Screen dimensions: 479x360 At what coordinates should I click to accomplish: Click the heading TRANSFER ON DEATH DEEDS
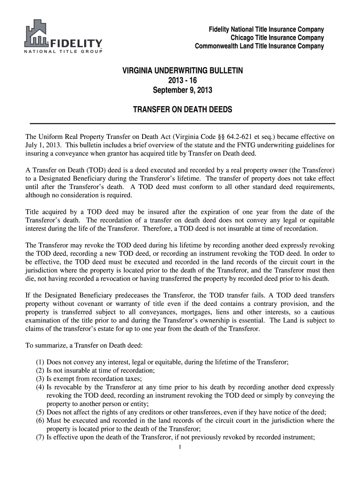[x=180, y=110]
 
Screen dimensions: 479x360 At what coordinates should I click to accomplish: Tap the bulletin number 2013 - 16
[x=180, y=80]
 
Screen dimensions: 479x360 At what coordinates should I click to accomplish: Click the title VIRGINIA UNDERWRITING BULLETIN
[x=180, y=71]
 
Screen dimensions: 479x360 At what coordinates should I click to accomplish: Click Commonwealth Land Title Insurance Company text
[x=259, y=46]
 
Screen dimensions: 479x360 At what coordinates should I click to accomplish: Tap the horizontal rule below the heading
[x=182, y=123]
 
